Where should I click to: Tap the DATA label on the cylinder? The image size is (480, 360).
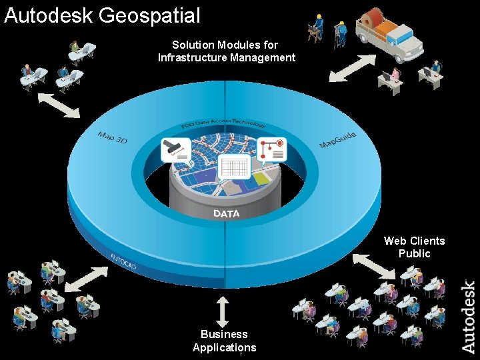click(x=227, y=213)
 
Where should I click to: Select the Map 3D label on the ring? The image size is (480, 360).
click(x=112, y=140)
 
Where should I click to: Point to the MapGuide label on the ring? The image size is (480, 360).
click(x=337, y=140)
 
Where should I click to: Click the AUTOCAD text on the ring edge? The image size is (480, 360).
click(x=123, y=261)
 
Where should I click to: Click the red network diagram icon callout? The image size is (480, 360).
click(x=271, y=150)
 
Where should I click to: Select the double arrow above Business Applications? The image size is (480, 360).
click(x=223, y=311)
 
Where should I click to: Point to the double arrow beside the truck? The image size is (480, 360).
click(x=352, y=68)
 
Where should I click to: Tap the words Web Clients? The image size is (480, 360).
click(x=414, y=241)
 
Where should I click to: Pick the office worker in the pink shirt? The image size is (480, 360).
click(x=395, y=76)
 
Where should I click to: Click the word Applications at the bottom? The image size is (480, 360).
click(x=224, y=347)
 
